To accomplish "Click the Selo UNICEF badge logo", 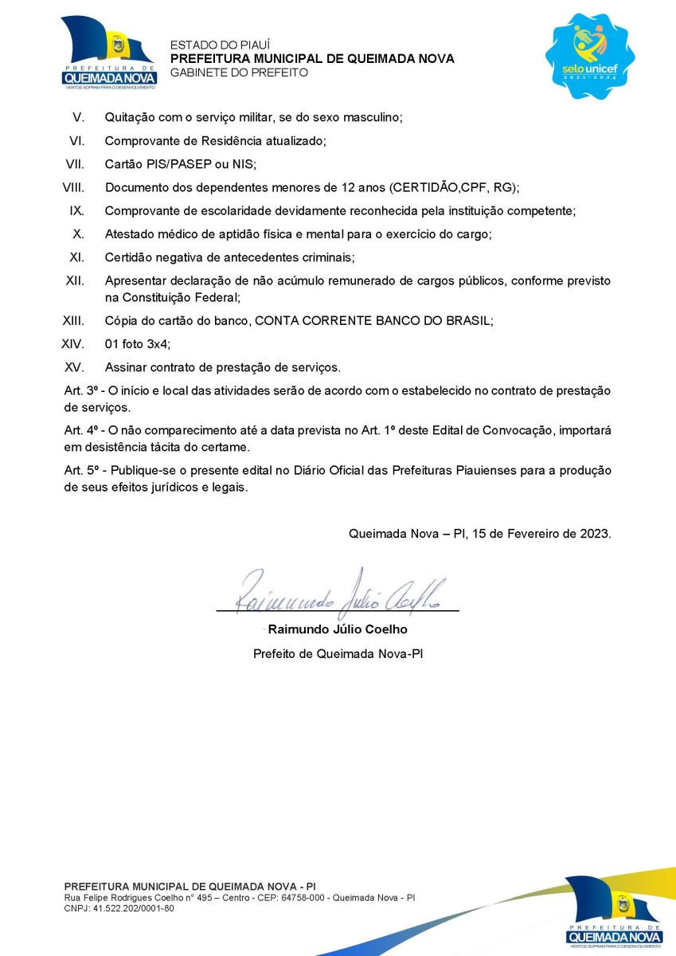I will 590,55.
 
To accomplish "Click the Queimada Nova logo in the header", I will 108,53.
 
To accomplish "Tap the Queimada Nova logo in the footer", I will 614,911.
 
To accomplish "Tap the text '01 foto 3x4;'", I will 138,344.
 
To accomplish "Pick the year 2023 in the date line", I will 594,534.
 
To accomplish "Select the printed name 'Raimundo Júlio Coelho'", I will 338,629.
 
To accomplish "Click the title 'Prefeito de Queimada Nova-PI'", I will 338,654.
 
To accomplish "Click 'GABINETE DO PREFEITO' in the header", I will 239,72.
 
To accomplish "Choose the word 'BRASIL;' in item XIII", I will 471,320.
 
